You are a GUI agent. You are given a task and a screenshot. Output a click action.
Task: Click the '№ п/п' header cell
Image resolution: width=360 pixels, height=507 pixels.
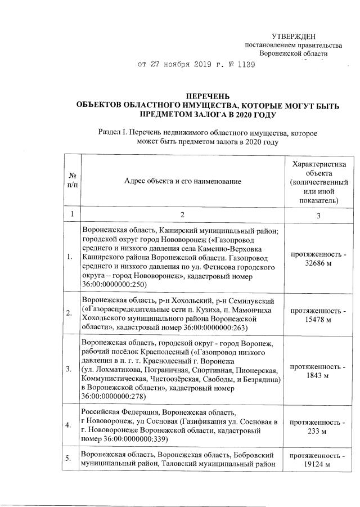[73, 181]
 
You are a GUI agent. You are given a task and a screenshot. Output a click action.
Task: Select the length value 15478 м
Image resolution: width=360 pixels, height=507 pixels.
[318, 320]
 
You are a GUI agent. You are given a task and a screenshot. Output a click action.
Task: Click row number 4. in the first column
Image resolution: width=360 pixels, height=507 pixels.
[69, 425]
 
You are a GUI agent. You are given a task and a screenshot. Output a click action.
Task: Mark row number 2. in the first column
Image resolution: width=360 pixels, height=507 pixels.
[69, 314]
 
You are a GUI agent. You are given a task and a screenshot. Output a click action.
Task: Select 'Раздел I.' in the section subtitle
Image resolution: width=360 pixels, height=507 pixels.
[112, 132]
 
